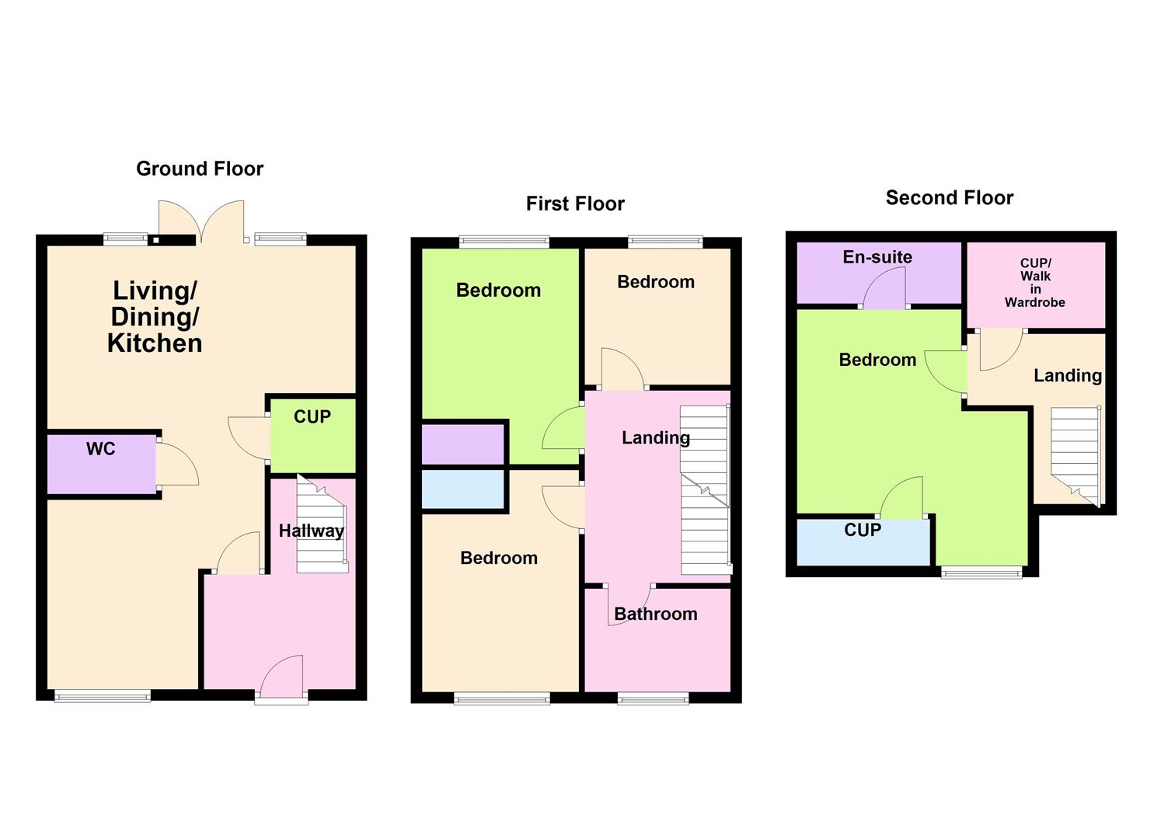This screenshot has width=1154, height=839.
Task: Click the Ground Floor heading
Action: pyautogui.click(x=200, y=169)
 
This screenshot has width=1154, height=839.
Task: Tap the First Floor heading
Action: pyautogui.click(x=575, y=204)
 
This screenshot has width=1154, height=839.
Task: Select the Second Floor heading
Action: pyautogui.click(x=949, y=198)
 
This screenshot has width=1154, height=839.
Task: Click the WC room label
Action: pyautogui.click(x=101, y=449)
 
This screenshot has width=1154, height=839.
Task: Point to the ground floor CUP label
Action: pyautogui.click(x=312, y=417)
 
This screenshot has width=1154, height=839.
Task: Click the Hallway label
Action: pyautogui.click(x=311, y=531)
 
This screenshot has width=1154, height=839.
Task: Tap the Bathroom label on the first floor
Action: pyautogui.click(x=655, y=614)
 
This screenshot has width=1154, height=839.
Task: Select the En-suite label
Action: pyautogui.click(x=877, y=257)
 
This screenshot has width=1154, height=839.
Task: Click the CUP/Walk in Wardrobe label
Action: pyautogui.click(x=1035, y=283)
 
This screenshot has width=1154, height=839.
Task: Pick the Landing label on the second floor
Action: pyautogui.click(x=1067, y=376)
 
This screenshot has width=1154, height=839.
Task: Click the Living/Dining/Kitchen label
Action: pyautogui.click(x=155, y=317)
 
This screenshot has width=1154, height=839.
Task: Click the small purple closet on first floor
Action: pyautogui.click(x=463, y=444)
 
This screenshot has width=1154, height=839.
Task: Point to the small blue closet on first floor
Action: pyautogui.click(x=463, y=489)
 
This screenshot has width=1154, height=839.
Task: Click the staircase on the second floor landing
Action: pyautogui.click(x=1076, y=454)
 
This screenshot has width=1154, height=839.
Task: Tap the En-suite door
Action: pyautogui.click(x=885, y=287)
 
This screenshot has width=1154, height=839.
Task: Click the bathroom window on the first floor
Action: pyautogui.click(x=653, y=698)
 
